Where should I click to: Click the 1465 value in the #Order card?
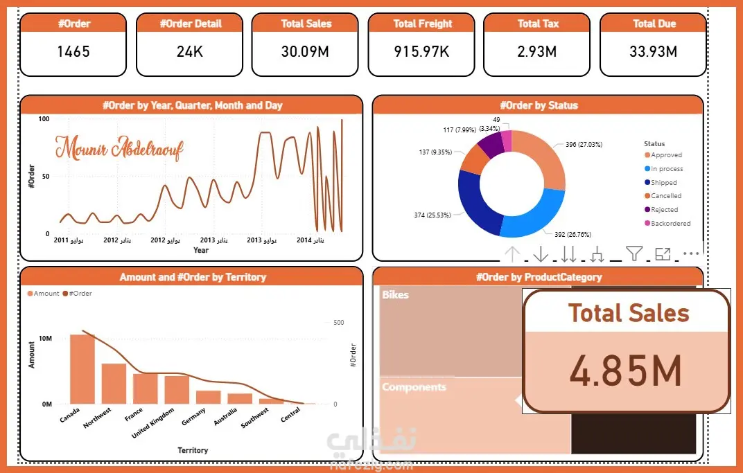coord(73,51)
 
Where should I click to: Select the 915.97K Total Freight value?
coord(422,51)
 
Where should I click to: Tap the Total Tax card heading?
coord(538,24)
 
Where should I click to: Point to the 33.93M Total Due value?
coord(654,51)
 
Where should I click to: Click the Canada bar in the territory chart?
coord(82,369)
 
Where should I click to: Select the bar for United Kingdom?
coord(177,389)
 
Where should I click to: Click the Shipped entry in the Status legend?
coord(663,183)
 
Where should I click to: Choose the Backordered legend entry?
coord(670,224)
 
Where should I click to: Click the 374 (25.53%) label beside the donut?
coord(432,215)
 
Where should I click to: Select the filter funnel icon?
coord(634,254)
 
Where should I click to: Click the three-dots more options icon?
coord(692,254)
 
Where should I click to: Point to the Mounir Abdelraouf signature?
coord(119,148)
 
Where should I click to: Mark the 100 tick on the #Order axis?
coord(44,119)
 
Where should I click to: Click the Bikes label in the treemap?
coord(395,295)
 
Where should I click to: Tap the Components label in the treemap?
coord(414,387)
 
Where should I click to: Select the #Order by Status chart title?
coord(537,105)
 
